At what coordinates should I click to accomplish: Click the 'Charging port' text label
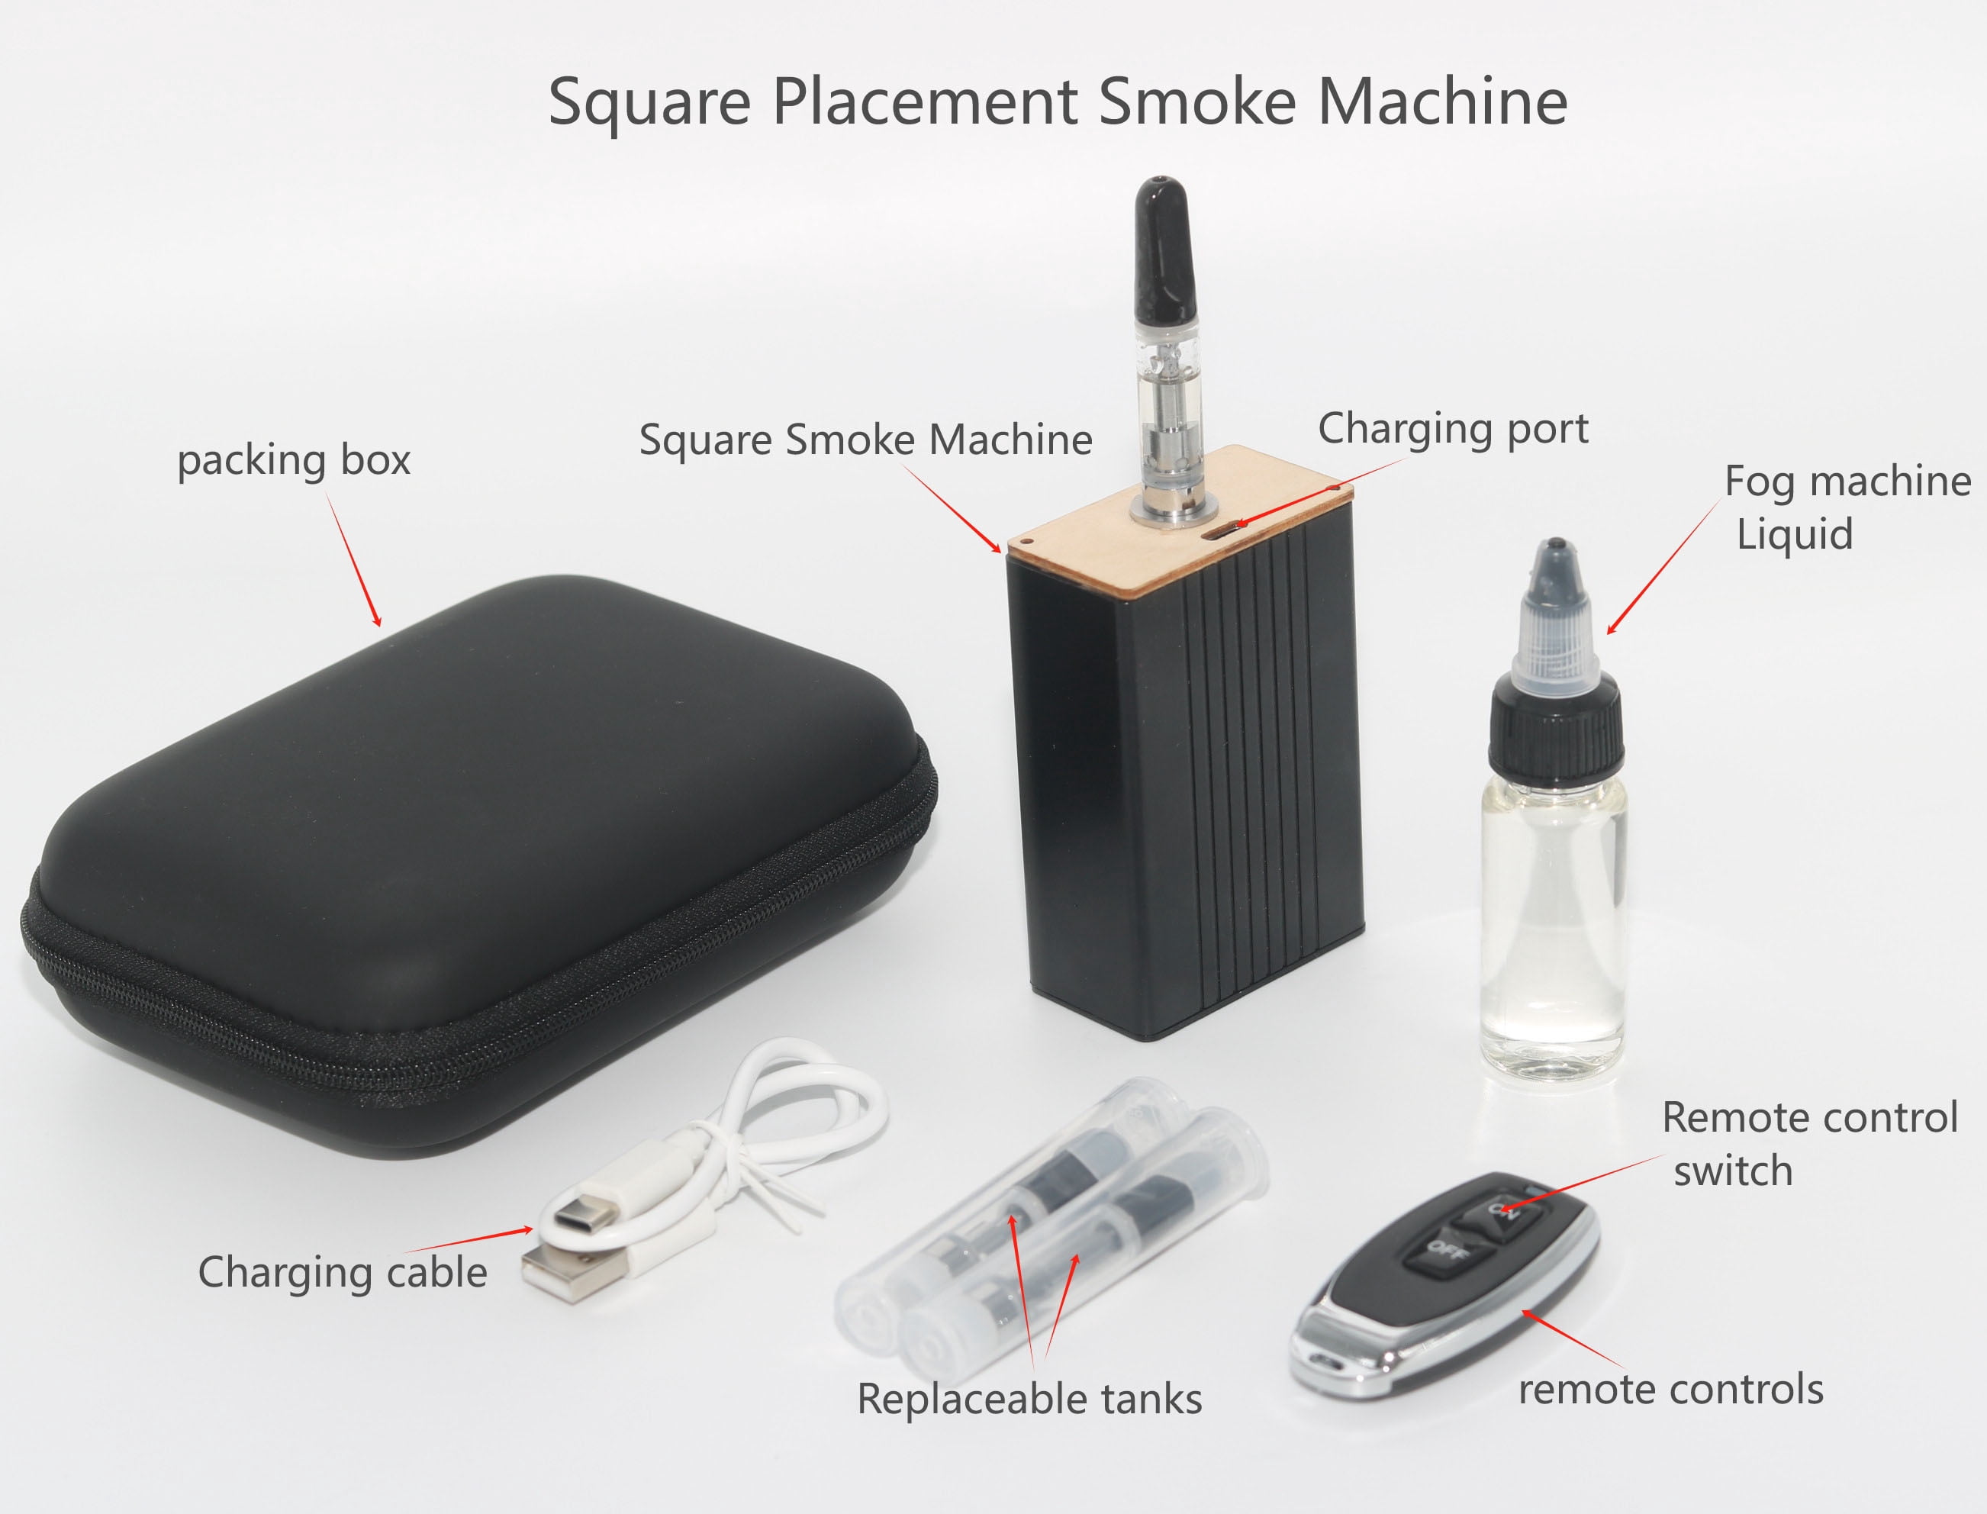pyautogui.click(x=1454, y=430)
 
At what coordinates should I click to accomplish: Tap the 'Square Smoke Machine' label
pyautogui.click(x=866, y=440)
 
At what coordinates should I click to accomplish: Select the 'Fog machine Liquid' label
pyautogui.click(x=1846, y=507)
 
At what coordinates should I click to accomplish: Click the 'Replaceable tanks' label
pyautogui.click(x=1030, y=1400)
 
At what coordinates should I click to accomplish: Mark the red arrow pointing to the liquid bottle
pyautogui.click(x=1664, y=566)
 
